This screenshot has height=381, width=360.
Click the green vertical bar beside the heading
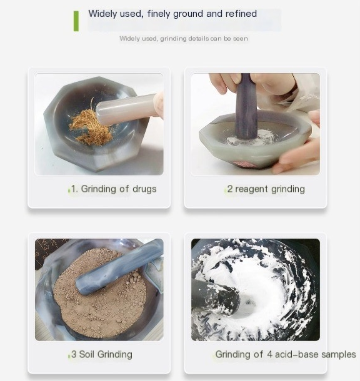coord(76,21)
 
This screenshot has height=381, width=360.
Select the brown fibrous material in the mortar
coord(91,126)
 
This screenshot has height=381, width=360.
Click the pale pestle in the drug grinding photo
coord(126,109)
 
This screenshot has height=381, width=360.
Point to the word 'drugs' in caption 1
coord(144,189)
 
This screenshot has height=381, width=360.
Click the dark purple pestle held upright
coord(246,107)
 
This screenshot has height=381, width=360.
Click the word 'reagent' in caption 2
coord(252,189)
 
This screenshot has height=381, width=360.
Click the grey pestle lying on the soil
coord(119,267)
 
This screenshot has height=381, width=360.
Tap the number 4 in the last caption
coord(269,355)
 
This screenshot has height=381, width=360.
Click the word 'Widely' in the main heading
coord(102,14)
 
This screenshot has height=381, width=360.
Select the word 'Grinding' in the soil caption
coord(115,355)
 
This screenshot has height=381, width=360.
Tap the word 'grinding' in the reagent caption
coord(287,189)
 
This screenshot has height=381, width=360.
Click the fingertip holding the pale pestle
coord(159,105)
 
